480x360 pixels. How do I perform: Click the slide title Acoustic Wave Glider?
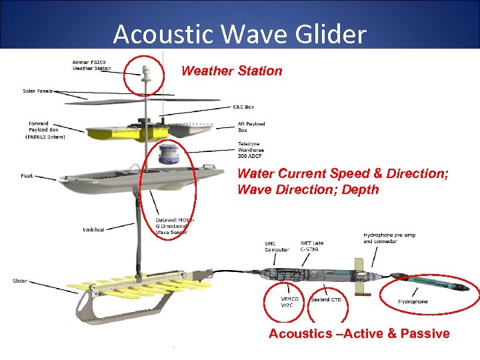click(x=239, y=34)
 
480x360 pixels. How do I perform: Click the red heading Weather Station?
click(x=231, y=71)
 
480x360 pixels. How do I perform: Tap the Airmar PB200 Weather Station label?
click(x=91, y=65)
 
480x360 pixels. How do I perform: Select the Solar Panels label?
click(x=38, y=91)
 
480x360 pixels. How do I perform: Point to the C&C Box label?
click(x=243, y=107)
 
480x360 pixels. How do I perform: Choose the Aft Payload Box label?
click(x=251, y=127)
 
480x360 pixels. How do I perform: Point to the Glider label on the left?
click(x=20, y=281)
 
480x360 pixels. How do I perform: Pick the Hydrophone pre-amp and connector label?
click(x=387, y=238)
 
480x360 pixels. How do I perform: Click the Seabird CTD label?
click(x=326, y=299)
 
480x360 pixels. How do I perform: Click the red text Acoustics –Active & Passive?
click(x=359, y=333)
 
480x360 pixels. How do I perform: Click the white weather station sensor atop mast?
click(x=146, y=69)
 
